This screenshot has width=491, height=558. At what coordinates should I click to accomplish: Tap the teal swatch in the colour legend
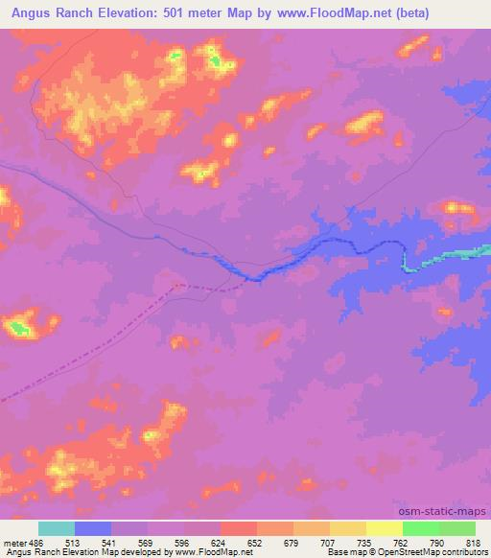click(x=57, y=528)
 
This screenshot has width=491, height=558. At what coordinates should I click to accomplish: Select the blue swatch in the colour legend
click(x=93, y=528)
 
